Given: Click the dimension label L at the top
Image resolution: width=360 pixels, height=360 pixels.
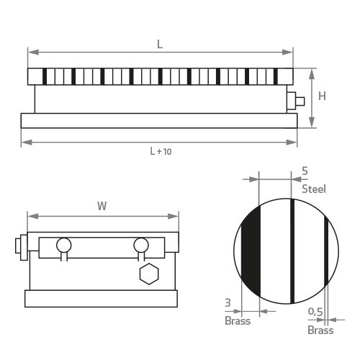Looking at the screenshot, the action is click(x=160, y=44).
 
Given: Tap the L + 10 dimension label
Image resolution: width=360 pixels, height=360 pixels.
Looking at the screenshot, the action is click(x=161, y=151).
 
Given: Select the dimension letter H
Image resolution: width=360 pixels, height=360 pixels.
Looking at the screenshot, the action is click(x=322, y=96).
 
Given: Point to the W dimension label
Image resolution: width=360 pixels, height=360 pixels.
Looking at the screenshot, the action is click(x=102, y=206).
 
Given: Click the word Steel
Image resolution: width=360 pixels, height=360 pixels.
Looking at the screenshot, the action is click(x=314, y=189).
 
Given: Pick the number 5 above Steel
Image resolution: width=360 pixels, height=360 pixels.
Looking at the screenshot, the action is click(x=305, y=171).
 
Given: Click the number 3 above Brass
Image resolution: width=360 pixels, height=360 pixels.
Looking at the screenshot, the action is click(x=228, y=303).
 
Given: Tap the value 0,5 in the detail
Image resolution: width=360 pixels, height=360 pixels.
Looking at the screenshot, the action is click(x=315, y=312).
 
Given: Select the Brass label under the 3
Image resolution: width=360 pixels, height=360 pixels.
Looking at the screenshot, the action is click(x=238, y=321).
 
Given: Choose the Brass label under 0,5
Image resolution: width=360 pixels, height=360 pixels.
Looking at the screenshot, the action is click(x=320, y=330).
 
